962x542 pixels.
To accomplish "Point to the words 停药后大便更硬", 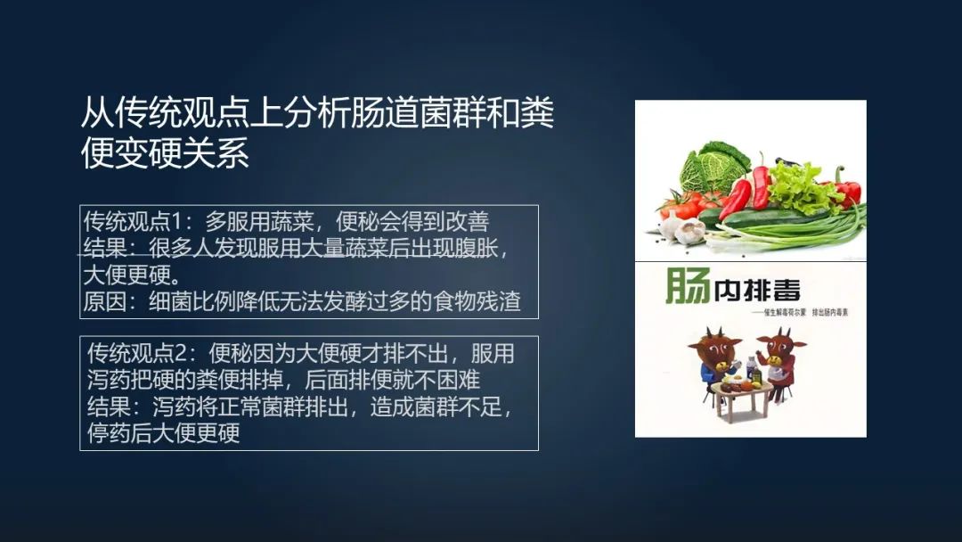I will pos(164,434).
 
